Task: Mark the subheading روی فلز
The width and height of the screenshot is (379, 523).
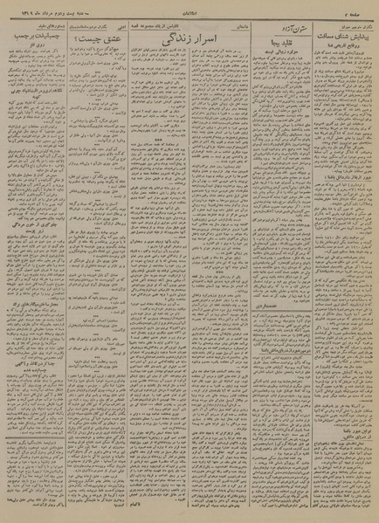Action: pyautogui.click(x=35, y=54)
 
